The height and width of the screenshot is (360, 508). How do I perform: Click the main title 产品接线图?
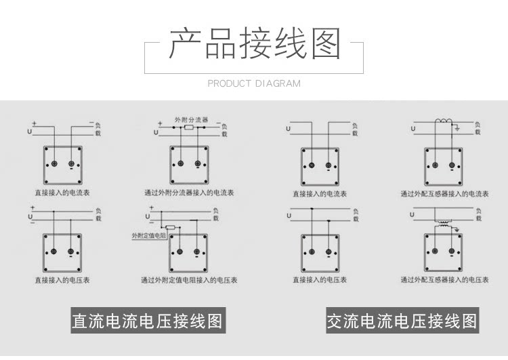coord(254,43)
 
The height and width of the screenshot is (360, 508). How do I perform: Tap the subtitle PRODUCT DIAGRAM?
coord(254,83)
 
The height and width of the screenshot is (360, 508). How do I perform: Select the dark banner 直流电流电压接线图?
coord(147,321)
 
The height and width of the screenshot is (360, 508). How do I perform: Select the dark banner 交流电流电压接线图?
coord(402,321)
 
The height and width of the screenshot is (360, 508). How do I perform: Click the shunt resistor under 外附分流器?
coord(190,127)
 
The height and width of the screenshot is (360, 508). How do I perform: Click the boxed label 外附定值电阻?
coord(148,235)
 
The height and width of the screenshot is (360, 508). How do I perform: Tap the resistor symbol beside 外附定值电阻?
coord(171,228)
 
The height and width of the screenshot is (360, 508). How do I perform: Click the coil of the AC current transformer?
coord(444,123)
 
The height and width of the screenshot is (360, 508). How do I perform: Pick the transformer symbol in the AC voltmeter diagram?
coord(444,223)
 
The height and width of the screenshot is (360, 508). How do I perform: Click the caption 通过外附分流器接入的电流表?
coord(190,193)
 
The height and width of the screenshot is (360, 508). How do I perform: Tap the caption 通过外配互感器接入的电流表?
coord(444,193)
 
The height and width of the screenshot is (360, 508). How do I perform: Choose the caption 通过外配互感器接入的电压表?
coord(444,279)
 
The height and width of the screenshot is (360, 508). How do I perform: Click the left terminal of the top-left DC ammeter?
coord(54,165)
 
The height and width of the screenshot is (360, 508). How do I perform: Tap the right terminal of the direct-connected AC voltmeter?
coord(329,252)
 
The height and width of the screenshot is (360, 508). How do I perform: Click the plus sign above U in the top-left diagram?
coord(34,123)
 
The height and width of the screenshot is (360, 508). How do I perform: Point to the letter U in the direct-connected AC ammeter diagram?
coord(289,128)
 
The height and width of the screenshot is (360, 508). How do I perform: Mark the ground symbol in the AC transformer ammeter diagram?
coord(458,128)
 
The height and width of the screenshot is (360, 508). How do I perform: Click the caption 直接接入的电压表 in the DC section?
coord(62,279)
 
